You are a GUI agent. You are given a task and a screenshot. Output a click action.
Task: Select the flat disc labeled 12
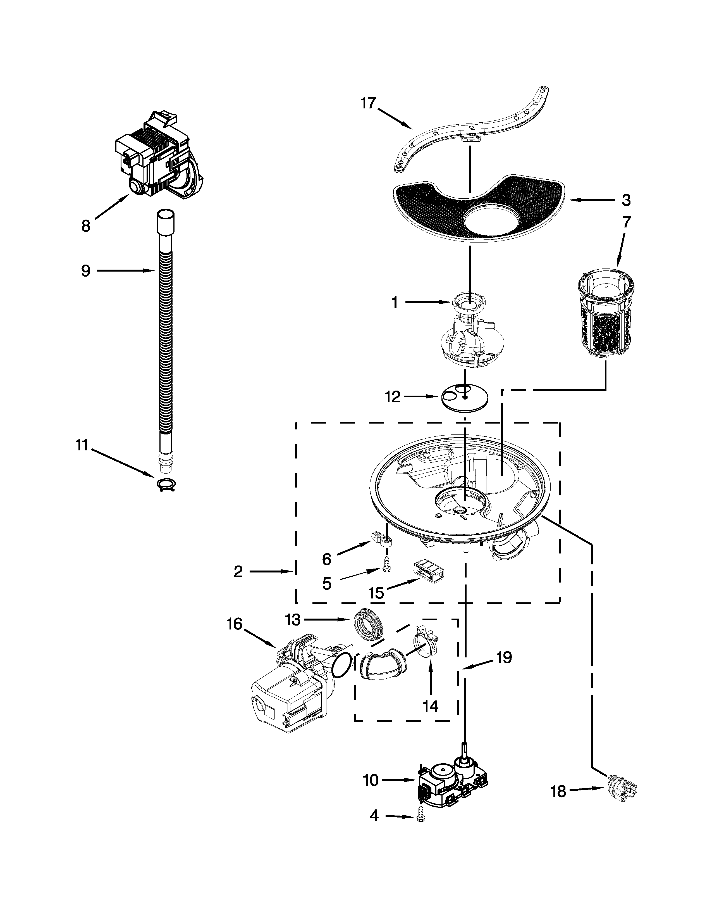coord(464,398)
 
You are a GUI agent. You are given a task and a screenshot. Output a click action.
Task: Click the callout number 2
coord(238,572)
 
